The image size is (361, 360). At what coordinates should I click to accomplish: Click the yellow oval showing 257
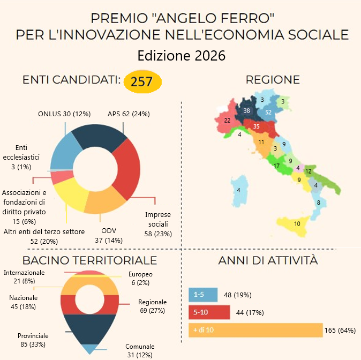142,82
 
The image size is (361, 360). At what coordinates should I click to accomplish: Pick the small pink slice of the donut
62,177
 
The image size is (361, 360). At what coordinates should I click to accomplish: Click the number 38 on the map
246,110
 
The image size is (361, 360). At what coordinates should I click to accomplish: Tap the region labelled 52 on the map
268,112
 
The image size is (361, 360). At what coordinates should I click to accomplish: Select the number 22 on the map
227,121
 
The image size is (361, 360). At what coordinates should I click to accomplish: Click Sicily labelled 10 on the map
297,223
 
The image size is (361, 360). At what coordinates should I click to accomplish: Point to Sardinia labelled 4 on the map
239,191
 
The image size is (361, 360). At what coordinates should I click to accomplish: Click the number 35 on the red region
257,126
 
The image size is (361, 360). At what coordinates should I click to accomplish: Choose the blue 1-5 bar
203,295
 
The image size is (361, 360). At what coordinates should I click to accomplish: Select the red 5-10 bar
209,312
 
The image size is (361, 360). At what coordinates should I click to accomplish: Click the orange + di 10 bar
255,330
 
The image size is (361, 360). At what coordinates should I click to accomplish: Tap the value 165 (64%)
340,330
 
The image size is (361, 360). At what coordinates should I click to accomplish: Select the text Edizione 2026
181,56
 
